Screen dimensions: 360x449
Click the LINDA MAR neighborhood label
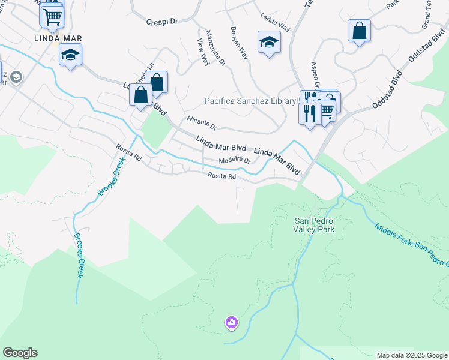[57, 38]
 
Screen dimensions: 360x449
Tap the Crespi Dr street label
[163, 21]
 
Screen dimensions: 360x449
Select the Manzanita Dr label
[215, 47]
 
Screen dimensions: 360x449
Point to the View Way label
[203, 52]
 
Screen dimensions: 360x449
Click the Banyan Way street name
[239, 43]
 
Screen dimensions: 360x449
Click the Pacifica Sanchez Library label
[250, 101]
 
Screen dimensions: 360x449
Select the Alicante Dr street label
[201, 124]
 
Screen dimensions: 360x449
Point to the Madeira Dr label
[234, 160]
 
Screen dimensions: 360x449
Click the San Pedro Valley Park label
[313, 224]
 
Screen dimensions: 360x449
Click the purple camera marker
[232, 323]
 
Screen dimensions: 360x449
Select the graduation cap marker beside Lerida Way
[269, 42]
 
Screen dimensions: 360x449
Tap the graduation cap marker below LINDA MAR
[71, 55]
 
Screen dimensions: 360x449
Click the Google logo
[20, 353]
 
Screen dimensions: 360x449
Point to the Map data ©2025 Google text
[412, 355]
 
